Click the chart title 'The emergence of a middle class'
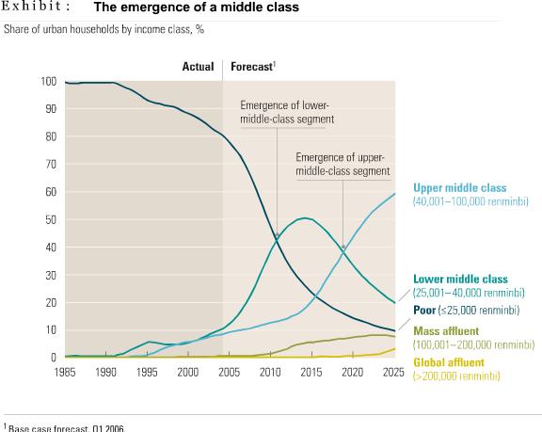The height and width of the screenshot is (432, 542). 196,8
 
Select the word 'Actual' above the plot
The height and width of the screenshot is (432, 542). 198,67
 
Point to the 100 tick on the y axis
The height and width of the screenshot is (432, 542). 48,82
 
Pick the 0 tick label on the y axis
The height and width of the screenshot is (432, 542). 54,358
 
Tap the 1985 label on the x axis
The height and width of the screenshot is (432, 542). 65,373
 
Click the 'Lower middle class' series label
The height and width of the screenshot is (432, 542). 460,280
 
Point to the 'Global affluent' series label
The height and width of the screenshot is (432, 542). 450,361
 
